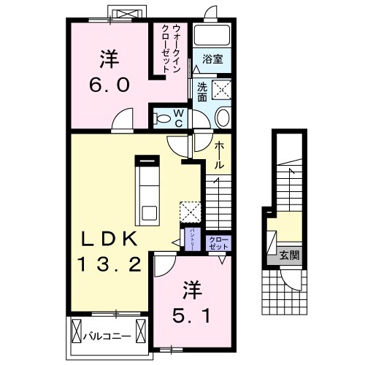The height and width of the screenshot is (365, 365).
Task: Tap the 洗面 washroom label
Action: (x=202, y=91)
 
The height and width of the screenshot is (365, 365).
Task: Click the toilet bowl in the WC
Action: (x=164, y=117)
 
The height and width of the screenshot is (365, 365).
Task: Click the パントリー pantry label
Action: (x=191, y=239)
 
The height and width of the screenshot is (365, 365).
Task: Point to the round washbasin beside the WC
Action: (x=223, y=118)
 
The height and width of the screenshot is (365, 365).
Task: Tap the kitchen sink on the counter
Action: (x=150, y=213)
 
